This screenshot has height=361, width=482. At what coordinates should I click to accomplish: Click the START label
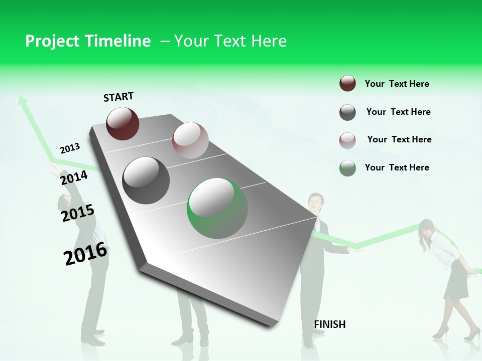pos(118,97)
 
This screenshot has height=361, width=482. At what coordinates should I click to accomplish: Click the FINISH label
pos(329,324)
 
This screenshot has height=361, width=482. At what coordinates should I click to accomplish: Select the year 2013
pos(70,148)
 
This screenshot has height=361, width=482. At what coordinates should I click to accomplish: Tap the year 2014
pos(74,177)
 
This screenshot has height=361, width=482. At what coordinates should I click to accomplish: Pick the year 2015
pos(78,213)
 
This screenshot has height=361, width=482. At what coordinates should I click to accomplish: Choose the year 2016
pos(85,254)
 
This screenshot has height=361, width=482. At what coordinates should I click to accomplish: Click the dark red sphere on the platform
pos(123,123)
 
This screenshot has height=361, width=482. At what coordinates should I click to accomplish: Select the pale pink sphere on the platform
pos(190,140)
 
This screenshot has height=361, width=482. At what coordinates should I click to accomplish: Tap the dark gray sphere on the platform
pos(146,180)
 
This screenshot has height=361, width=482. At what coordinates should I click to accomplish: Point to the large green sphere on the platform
pos(217,208)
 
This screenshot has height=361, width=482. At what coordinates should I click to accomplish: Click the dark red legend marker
pos(347,84)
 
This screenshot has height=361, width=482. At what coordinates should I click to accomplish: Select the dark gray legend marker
pos(347,112)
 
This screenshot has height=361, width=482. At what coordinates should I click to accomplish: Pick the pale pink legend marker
pos(347,140)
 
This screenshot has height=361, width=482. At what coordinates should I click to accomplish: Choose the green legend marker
pos(347,168)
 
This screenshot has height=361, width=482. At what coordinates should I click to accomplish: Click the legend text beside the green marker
pos(397,167)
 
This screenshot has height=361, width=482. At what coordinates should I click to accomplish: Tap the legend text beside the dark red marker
pos(397,84)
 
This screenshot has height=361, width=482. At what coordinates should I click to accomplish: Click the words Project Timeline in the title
pos(88,41)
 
